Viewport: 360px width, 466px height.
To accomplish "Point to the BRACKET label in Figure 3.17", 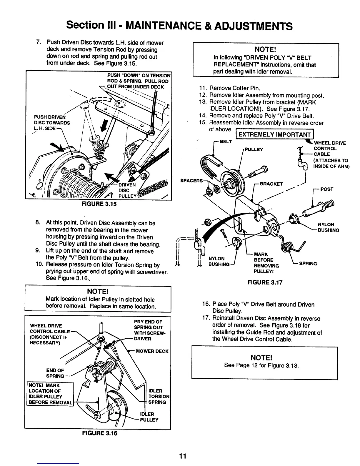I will click(x=271, y=184).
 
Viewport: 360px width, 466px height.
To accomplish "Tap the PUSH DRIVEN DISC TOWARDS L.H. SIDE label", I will click(x=51, y=123).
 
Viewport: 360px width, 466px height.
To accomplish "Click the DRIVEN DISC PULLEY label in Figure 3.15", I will click(x=127, y=190).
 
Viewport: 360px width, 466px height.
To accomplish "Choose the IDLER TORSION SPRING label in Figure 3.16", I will click(x=159, y=396).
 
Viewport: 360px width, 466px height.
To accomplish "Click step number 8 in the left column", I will click(x=38, y=223).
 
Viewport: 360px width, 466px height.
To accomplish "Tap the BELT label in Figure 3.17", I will click(x=226, y=142).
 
